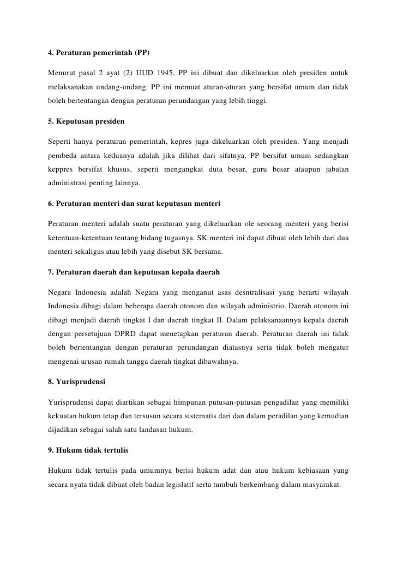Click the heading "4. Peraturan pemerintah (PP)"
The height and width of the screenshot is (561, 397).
coord(98,53)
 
